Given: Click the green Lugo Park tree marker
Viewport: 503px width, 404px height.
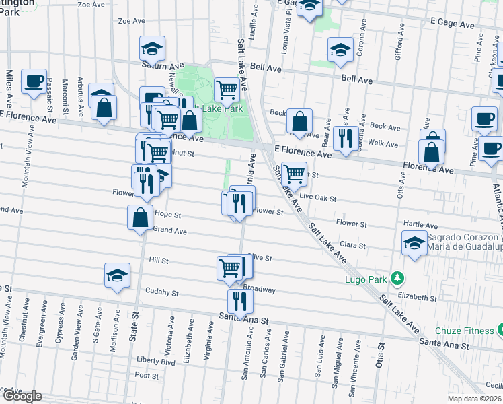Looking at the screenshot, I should [x=397, y=277].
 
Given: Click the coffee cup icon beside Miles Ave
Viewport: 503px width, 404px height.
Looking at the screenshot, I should [x=34, y=82].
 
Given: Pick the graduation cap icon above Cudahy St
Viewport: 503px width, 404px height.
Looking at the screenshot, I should [x=118, y=276].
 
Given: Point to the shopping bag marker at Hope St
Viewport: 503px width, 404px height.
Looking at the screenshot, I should [x=140, y=217].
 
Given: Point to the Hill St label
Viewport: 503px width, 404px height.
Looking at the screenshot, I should [x=158, y=260].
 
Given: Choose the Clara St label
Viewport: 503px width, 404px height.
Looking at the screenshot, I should [x=352, y=246].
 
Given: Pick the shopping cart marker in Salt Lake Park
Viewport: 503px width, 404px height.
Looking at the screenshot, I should [x=227, y=90].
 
